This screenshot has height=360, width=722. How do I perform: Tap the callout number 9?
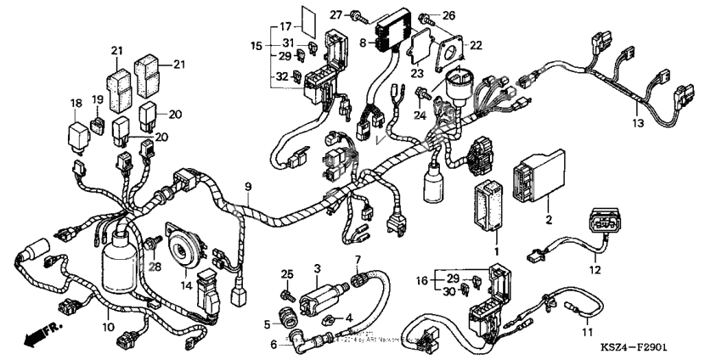tap(248, 186)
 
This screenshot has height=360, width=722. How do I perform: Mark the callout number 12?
tap(595, 271)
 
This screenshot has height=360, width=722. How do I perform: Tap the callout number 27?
tap(336, 14)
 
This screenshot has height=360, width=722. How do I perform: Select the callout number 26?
tap(448, 14)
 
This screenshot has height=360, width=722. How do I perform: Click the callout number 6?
tap(274, 344)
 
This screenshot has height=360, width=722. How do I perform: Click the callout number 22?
tap(476, 45)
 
